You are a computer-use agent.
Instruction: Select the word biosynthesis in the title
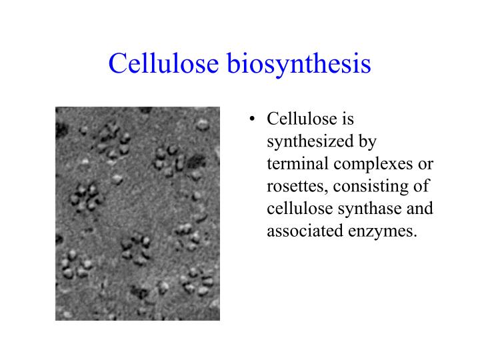299,65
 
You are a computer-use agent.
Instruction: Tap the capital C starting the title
118,65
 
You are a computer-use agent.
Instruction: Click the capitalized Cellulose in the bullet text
299,120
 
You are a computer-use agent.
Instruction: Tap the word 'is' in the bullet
346,120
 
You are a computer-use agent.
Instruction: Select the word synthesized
306,142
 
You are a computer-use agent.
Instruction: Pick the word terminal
293,165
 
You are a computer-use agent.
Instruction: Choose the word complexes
363,165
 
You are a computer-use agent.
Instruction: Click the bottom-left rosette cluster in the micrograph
75,265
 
